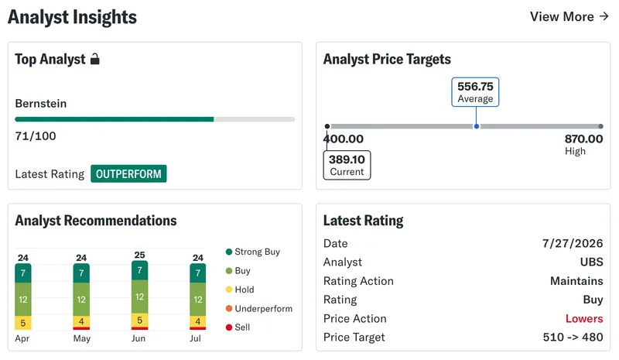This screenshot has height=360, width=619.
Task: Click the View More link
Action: click(x=569, y=16)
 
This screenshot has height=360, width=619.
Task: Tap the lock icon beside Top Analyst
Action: click(x=94, y=59)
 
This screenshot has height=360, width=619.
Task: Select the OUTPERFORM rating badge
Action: click(x=128, y=174)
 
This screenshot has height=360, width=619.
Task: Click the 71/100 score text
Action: click(x=36, y=136)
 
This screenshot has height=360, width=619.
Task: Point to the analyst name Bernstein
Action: click(x=41, y=104)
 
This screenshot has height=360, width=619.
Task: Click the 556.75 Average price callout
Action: click(x=475, y=92)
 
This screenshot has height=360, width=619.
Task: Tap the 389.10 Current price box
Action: click(x=347, y=165)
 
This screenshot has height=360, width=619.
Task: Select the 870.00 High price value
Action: click(x=584, y=139)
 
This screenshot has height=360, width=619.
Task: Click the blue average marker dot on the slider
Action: click(x=477, y=126)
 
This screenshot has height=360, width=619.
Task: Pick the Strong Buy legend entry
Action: click(x=253, y=252)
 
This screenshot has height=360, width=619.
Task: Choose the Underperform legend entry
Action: click(x=259, y=309)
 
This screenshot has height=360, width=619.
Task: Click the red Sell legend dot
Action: click(x=228, y=327)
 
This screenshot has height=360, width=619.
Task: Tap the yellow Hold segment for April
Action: click(x=23, y=323)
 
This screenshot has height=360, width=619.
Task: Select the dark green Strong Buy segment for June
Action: click(x=140, y=270)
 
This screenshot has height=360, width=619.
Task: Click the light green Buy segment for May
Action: click(x=81, y=300)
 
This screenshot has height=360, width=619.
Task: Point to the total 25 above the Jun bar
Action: click(x=140, y=255)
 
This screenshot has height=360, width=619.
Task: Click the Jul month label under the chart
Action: click(x=196, y=338)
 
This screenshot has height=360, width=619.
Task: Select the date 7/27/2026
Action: click(x=573, y=243)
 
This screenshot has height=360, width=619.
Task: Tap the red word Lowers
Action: click(x=584, y=318)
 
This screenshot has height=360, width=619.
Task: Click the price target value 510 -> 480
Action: click(x=573, y=337)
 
